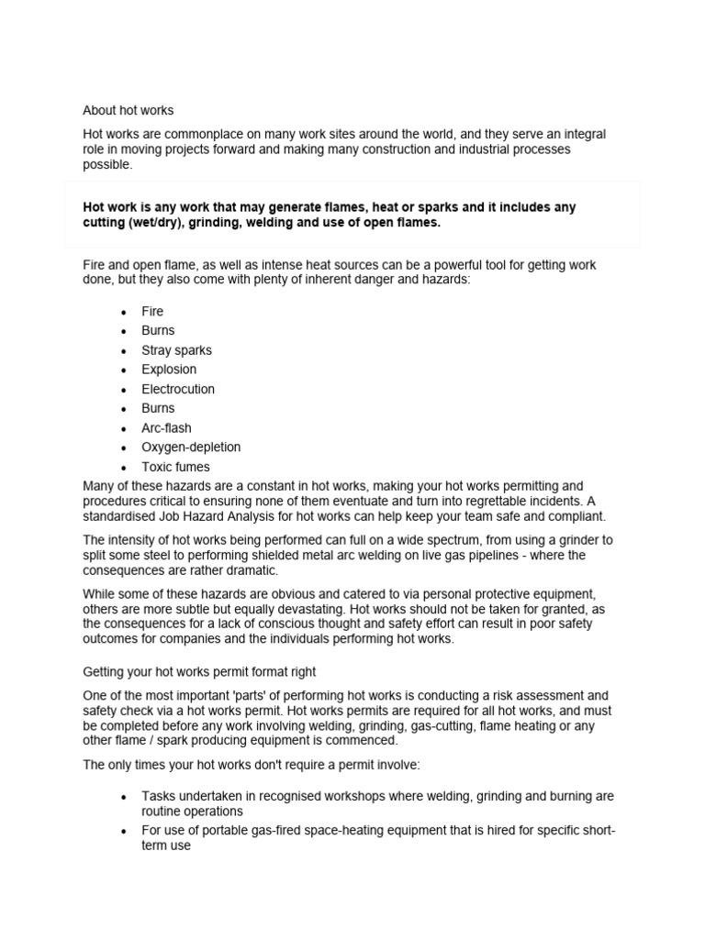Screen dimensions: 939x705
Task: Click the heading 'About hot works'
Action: pos(128,110)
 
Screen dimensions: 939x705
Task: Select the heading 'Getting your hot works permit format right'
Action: pos(200,671)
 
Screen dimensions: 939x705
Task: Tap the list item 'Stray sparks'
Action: pos(176,350)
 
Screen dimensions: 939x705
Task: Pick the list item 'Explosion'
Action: pos(169,370)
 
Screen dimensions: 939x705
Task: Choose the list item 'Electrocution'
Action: pos(178,389)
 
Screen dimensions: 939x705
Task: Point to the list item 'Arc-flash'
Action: pos(166,428)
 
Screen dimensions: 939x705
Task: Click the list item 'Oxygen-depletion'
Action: pos(191,447)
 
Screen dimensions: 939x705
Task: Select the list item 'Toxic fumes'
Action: pos(175,467)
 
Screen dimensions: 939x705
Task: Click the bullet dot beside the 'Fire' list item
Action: pos(122,312)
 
